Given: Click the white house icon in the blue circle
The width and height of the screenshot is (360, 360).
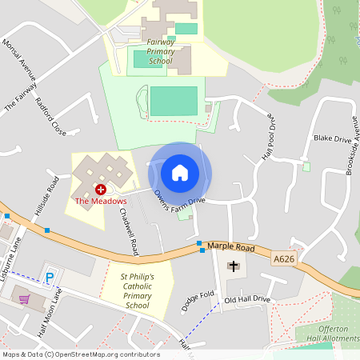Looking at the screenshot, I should (180, 172).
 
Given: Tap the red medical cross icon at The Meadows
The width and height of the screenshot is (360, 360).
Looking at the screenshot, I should (101, 189).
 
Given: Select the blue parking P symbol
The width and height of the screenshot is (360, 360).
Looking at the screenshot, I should (50, 278).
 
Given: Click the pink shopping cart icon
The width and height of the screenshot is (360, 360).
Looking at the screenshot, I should (25, 298).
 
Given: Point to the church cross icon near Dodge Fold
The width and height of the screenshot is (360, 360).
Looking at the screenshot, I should (234, 265).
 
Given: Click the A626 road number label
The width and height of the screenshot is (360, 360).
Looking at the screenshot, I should (283, 258).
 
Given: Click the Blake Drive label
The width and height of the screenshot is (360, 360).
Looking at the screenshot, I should (332, 138).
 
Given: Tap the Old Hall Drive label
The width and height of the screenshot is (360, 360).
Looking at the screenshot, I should (247, 299).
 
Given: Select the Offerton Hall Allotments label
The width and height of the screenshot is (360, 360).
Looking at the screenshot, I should (329, 334).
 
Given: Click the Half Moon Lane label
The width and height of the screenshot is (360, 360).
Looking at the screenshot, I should (50, 314).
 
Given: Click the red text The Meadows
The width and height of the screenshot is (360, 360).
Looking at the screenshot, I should (101, 201).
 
